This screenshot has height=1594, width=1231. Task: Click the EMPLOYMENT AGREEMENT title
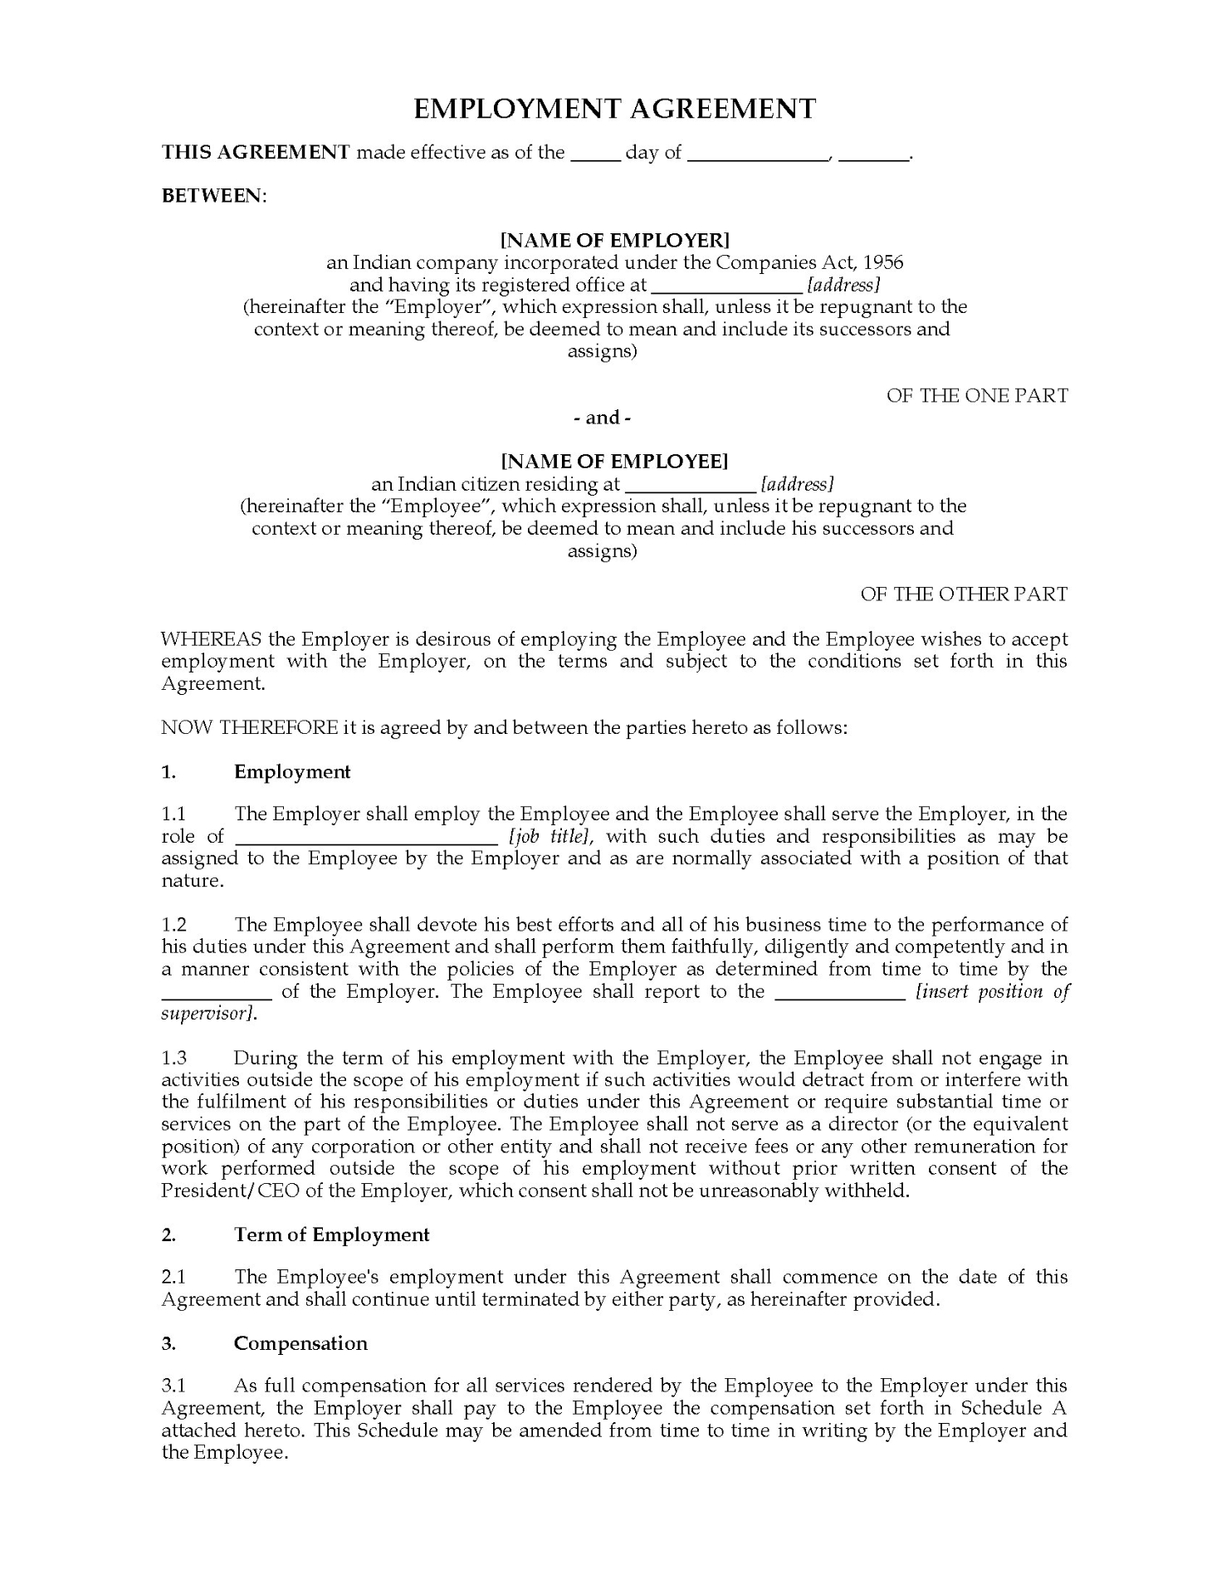click(x=614, y=110)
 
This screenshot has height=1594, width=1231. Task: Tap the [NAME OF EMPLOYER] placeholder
click(x=614, y=241)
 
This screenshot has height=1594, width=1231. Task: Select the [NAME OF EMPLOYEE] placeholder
click(x=614, y=462)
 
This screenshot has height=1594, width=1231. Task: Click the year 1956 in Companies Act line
click(x=883, y=263)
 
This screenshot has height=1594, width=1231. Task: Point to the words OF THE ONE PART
click(x=977, y=396)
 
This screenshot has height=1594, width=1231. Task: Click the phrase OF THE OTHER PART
click(x=964, y=594)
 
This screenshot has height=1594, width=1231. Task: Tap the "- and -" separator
click(x=603, y=418)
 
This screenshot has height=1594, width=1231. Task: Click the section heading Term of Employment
click(x=331, y=1235)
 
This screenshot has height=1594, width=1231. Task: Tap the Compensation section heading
click(x=300, y=1343)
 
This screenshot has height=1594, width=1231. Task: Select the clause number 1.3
click(x=174, y=1059)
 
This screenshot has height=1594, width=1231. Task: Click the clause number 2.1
click(x=174, y=1278)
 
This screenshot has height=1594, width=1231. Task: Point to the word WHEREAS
click(x=211, y=640)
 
